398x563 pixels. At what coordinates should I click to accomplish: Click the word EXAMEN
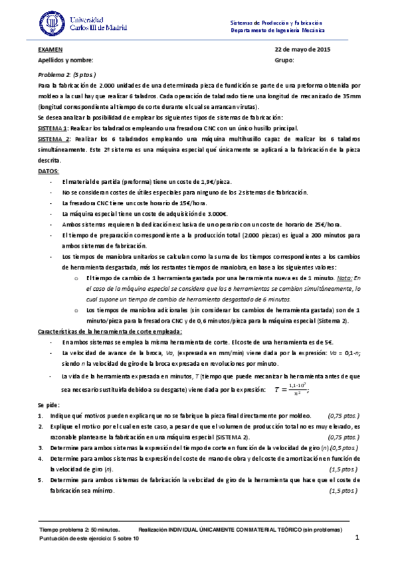[x=50, y=50]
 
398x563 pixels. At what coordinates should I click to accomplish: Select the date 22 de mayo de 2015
[x=302, y=50]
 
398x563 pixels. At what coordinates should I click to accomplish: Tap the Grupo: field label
[x=284, y=60]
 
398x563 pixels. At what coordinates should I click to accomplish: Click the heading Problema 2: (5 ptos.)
[x=67, y=75]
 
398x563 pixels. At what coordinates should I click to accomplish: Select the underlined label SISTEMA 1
[x=52, y=127]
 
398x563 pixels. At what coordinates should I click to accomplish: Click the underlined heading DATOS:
[x=49, y=171]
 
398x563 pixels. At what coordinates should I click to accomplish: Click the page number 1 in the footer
[x=357, y=538]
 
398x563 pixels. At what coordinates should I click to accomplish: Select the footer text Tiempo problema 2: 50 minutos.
[x=80, y=530]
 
